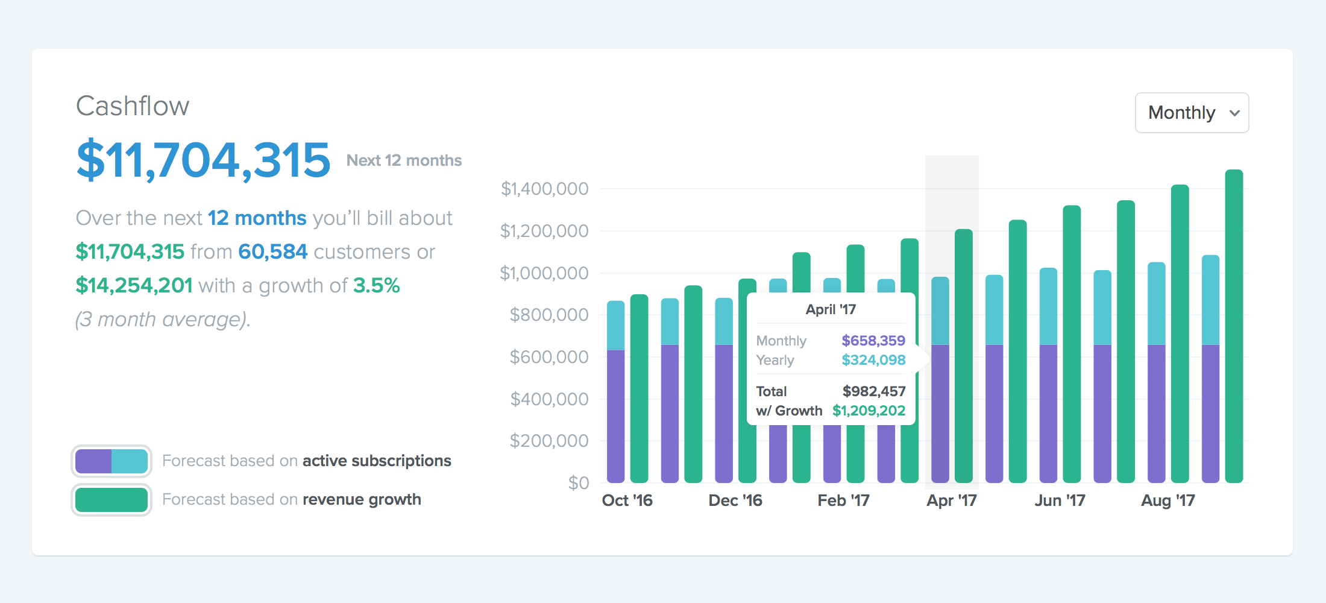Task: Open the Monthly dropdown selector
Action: [1192, 113]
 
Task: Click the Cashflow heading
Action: [133, 106]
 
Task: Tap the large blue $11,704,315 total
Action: [204, 160]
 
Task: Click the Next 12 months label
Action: [404, 160]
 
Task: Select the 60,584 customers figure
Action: [272, 251]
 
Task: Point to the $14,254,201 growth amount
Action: [134, 285]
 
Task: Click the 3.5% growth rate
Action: [376, 285]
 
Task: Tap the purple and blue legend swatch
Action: [112, 461]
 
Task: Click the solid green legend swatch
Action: [112, 500]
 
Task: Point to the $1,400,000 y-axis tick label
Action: [544, 189]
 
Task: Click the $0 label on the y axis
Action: [579, 482]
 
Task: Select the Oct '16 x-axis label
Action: [627, 500]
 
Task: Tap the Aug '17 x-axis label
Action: [1167, 500]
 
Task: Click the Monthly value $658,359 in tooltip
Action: [873, 341]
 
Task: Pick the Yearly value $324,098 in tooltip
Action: [873, 360]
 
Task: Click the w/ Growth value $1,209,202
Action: [869, 411]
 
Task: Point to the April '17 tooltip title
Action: [831, 309]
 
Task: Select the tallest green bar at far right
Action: [1234, 326]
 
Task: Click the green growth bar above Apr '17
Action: [964, 356]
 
